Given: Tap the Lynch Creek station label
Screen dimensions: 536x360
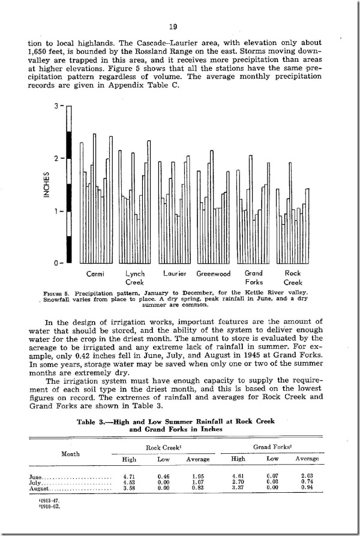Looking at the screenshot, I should tap(135, 278).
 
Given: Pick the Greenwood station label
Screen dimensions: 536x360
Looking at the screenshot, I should tap(214, 274).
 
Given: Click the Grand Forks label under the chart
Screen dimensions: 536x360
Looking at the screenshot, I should tap(254, 278).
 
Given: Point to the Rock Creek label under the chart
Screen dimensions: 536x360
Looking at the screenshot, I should tap(293, 278).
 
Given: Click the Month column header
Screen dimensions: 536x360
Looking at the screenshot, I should tap(72, 453).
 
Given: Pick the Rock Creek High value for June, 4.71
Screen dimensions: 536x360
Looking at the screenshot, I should tap(130, 477).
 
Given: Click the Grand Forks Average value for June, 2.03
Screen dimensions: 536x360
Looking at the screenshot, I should tap(305, 477).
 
